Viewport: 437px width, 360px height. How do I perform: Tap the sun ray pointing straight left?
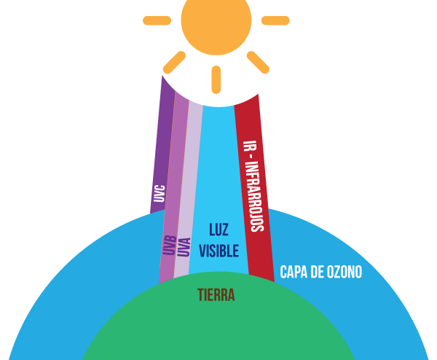(157, 20)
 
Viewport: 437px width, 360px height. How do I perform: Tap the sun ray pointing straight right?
(275, 20)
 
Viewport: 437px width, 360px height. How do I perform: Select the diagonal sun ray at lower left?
(174, 62)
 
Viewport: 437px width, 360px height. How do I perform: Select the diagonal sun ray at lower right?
(258, 62)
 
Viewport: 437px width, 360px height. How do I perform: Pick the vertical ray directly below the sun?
(216, 79)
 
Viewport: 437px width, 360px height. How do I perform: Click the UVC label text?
(159, 194)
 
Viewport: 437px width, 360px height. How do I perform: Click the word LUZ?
(219, 230)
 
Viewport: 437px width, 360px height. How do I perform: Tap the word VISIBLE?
(219, 251)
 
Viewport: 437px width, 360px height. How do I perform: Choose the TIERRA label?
(216, 295)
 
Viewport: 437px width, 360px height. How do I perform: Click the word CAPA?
(294, 273)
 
